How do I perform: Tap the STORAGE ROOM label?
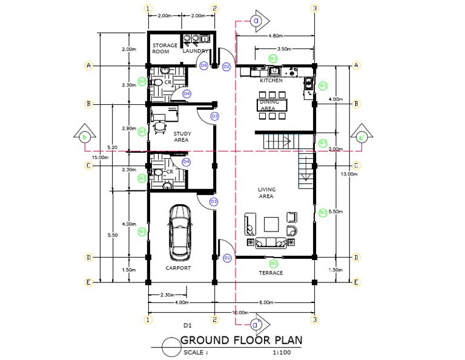pyautogui.click(x=165, y=48)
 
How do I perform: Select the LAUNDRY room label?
pyautogui.click(x=197, y=51)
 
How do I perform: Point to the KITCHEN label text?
pyautogui.click(x=271, y=80)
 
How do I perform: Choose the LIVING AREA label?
pyautogui.click(x=266, y=193)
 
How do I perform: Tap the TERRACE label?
pyautogui.click(x=271, y=273)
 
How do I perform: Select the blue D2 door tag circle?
pyautogui.click(x=226, y=66)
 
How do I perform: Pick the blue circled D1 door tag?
pyautogui.click(x=227, y=258)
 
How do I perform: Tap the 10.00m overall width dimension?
pyautogui.click(x=240, y=312)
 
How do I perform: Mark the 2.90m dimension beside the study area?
pyautogui.click(x=129, y=128)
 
